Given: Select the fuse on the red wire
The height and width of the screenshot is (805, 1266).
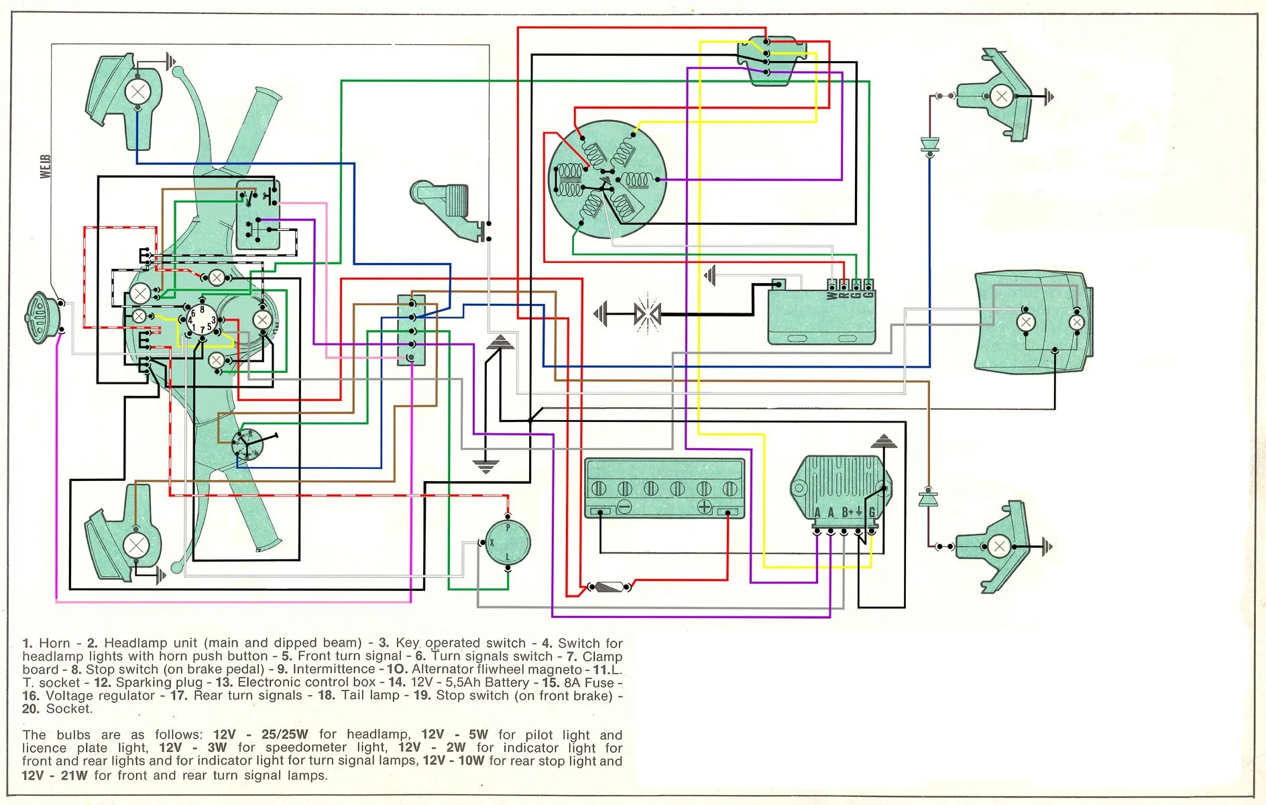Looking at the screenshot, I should [610, 588].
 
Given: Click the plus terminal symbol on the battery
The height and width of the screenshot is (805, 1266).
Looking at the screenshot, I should [704, 506].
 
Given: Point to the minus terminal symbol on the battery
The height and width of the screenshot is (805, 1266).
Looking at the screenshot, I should [624, 506].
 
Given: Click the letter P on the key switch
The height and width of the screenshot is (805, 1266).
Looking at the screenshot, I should [508, 529].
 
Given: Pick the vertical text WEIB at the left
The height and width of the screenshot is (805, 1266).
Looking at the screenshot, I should [46, 166].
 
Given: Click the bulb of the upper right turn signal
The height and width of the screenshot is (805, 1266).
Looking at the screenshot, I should [1001, 97].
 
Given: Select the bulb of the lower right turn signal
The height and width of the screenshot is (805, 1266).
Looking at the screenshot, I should [998, 546].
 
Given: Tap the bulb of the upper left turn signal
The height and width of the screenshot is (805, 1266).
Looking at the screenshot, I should [138, 91].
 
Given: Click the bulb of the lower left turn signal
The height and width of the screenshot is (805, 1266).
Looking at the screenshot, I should [136, 545].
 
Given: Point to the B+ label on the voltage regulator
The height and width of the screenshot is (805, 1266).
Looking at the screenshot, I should [848, 513].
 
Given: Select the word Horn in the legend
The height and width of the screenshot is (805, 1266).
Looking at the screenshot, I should [54, 643].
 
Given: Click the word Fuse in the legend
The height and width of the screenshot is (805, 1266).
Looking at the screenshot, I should [599, 683].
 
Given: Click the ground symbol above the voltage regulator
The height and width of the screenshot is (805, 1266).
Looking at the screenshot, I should [884, 441].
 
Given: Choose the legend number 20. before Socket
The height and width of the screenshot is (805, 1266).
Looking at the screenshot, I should [31, 709].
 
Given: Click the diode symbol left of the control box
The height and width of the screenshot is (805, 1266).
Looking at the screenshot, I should [647, 313].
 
